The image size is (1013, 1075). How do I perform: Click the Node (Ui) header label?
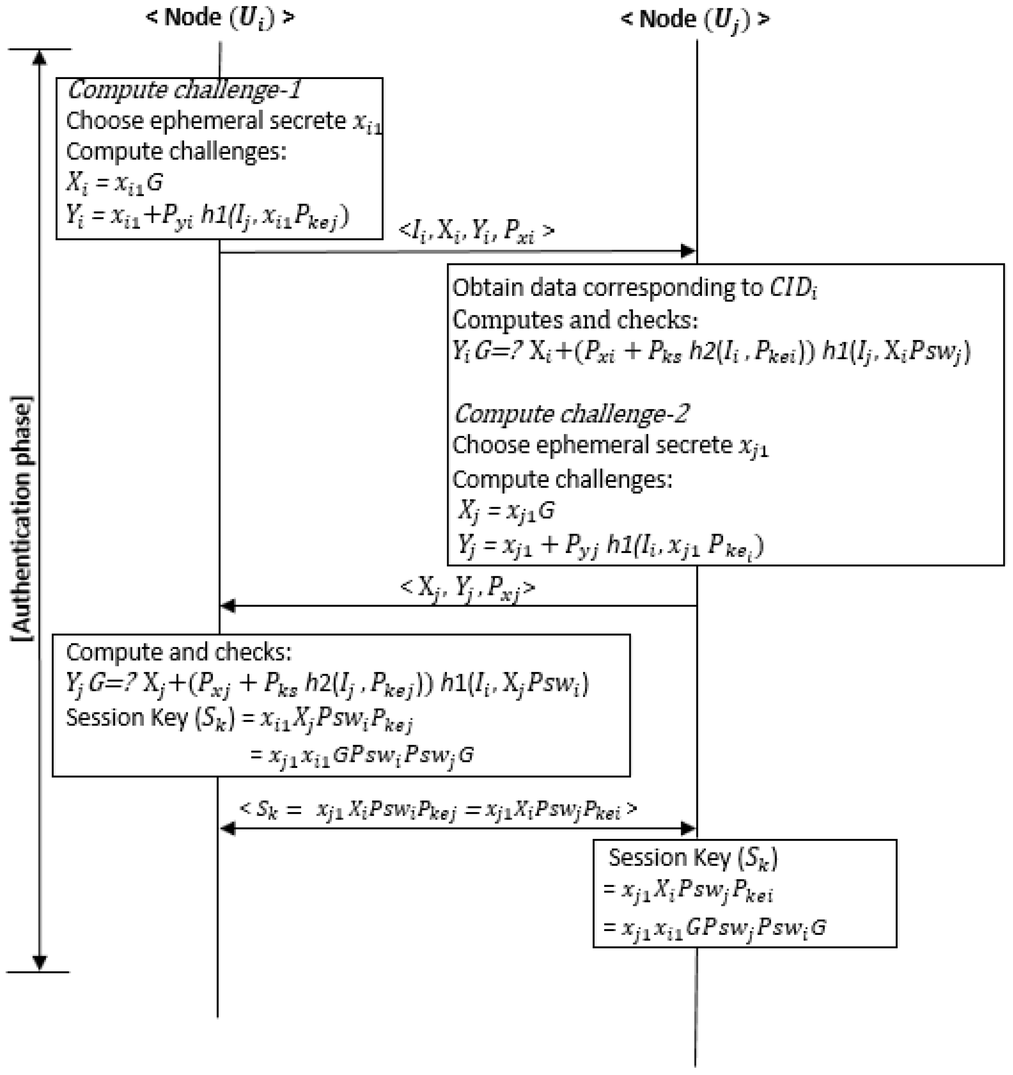click(220, 18)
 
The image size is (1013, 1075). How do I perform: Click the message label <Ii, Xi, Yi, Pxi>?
click(476, 232)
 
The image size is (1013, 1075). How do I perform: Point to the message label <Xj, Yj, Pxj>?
click(468, 588)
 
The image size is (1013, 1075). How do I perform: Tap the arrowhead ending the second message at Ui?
click(228, 606)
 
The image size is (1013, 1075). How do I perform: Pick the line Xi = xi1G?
click(115, 183)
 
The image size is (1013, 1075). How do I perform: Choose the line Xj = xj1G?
click(506, 510)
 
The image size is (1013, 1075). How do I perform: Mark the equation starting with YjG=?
click(327, 684)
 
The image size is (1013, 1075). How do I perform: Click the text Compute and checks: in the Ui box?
click(178, 653)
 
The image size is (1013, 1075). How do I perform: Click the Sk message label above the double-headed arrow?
click(438, 810)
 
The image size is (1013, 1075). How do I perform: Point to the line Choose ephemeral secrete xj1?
click(610, 446)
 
